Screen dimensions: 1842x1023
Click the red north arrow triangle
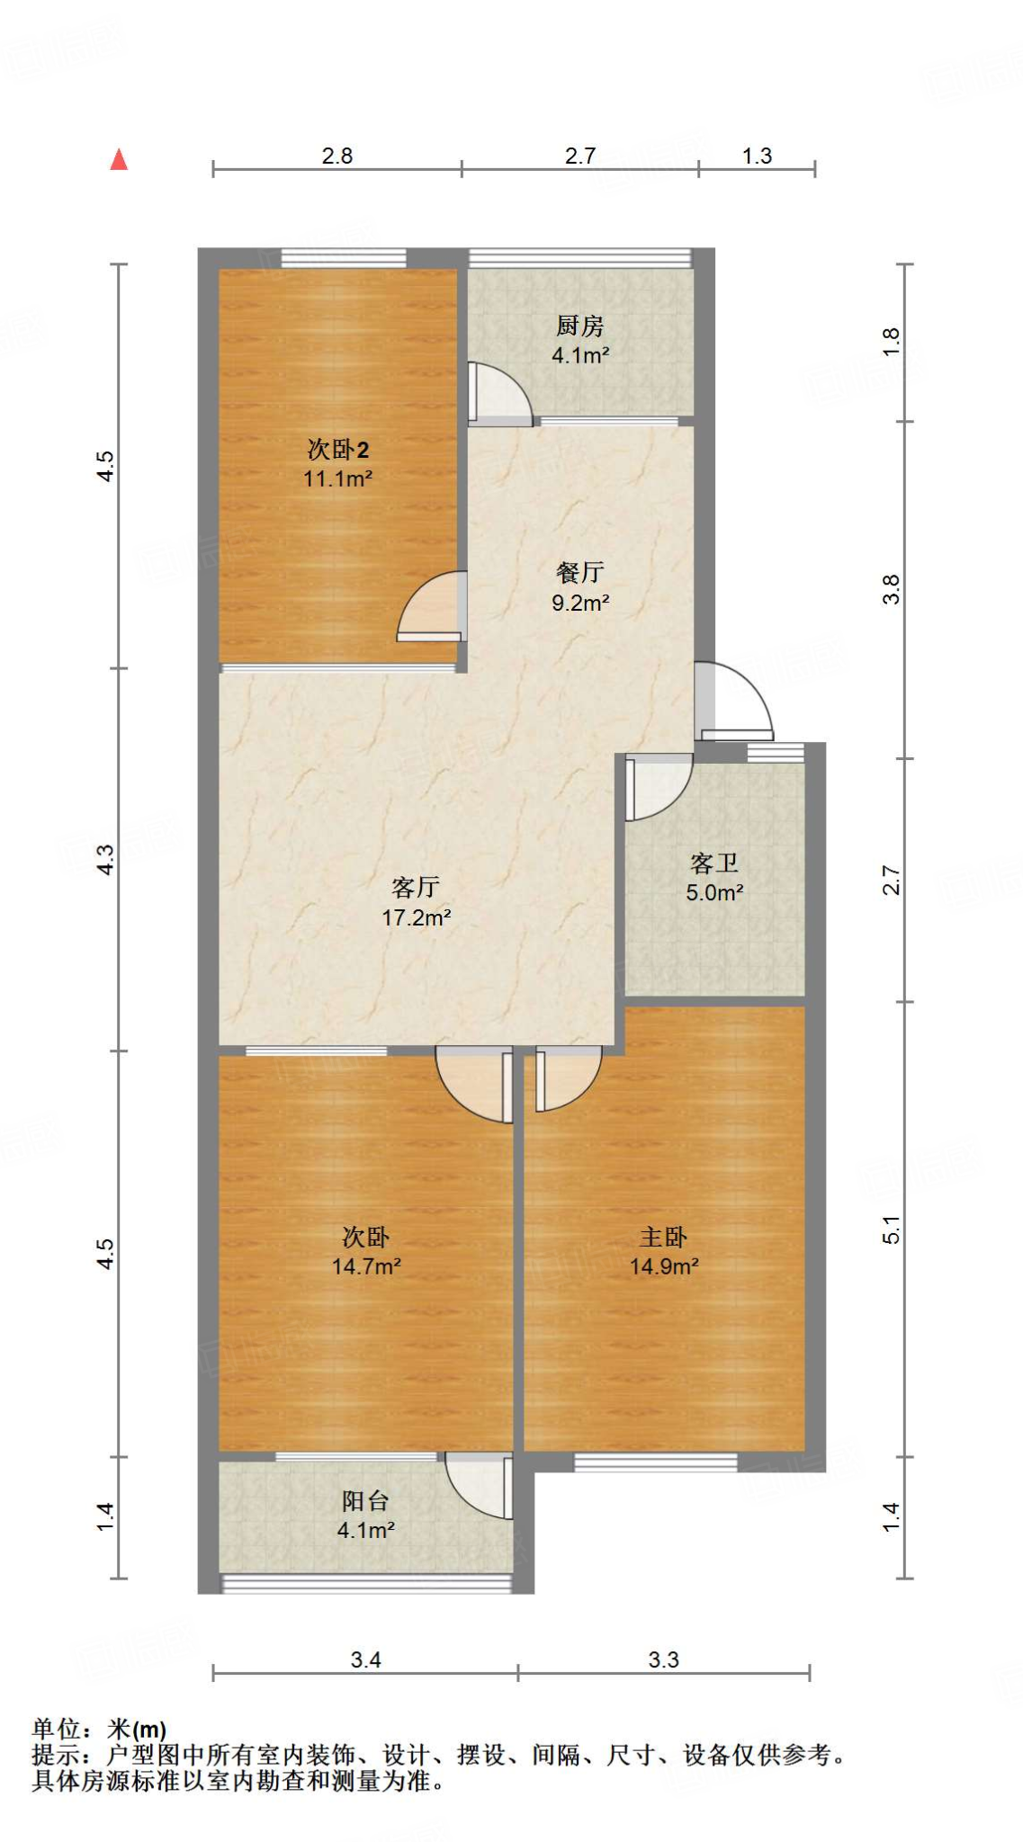coord(119,160)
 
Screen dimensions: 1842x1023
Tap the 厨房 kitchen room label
coord(579,325)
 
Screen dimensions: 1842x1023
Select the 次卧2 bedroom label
coord(337,449)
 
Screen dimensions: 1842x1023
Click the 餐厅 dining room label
coord(579,572)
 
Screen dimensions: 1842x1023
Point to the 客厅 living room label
coord(416,887)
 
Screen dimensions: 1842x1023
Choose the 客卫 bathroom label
coord(714,863)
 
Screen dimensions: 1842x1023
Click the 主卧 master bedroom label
coord(664,1237)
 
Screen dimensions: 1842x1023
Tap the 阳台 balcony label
coord(365,1500)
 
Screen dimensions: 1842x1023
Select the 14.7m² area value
coord(366,1266)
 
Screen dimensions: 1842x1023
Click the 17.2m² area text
coord(416,917)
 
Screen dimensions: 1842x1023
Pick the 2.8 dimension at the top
coord(337,156)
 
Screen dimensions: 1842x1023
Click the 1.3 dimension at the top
coord(757,156)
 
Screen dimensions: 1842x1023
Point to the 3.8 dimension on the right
coord(891,589)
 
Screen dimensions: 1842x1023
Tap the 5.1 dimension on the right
coord(891,1229)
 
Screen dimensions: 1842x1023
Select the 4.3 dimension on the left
coord(106,859)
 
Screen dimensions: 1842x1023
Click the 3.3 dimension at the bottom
coord(664,1659)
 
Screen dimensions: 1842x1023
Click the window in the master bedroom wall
coord(655,1462)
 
